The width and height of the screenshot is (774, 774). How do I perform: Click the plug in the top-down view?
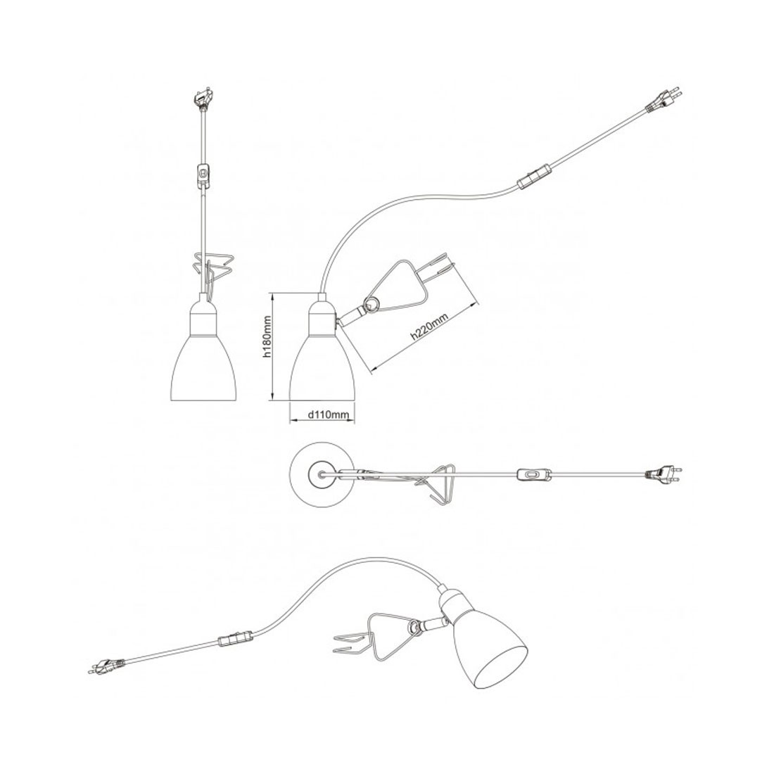click(x=662, y=474)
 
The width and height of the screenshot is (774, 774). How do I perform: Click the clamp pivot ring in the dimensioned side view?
click(x=372, y=305)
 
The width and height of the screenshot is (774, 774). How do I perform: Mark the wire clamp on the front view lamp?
click(x=212, y=268)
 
